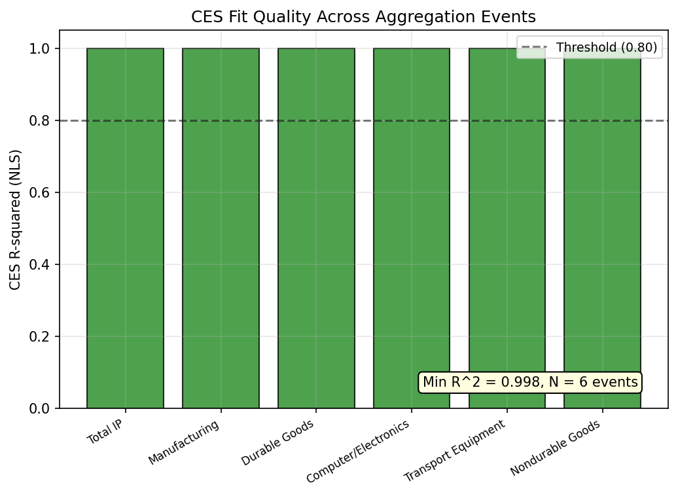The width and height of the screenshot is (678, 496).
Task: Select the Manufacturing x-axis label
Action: [x=184, y=442]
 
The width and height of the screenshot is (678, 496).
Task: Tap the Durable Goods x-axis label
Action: [x=277, y=443]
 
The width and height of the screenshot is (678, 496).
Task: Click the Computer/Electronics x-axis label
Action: [x=358, y=452]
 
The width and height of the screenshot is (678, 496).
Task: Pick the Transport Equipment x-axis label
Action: [x=455, y=451]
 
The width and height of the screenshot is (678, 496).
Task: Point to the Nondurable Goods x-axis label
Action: [x=556, y=448]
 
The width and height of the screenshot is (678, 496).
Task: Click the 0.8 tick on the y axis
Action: [x=43, y=121]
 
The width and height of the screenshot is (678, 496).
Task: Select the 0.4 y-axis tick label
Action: [x=43, y=265]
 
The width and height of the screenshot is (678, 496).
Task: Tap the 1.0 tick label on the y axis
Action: [x=43, y=49]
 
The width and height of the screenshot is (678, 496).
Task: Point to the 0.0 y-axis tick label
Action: [x=43, y=409]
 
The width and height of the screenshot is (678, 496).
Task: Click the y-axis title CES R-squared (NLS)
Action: [x=15, y=219]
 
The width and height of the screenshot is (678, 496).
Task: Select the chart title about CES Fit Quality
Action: [x=363, y=17]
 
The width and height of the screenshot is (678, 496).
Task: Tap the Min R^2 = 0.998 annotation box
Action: [x=530, y=382]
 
